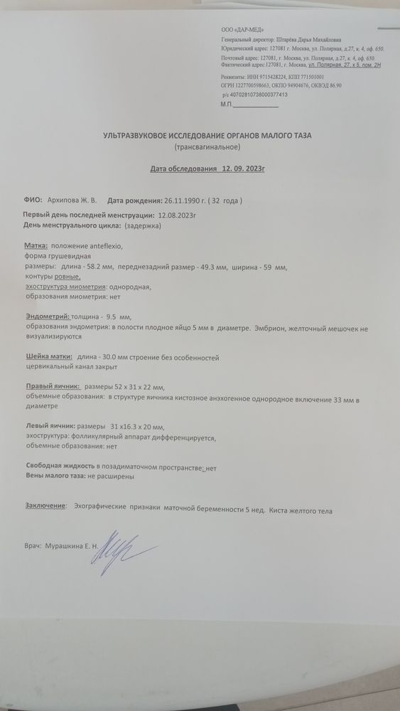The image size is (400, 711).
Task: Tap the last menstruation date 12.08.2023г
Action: coord(178,214)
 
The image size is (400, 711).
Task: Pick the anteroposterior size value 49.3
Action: coord(215,267)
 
